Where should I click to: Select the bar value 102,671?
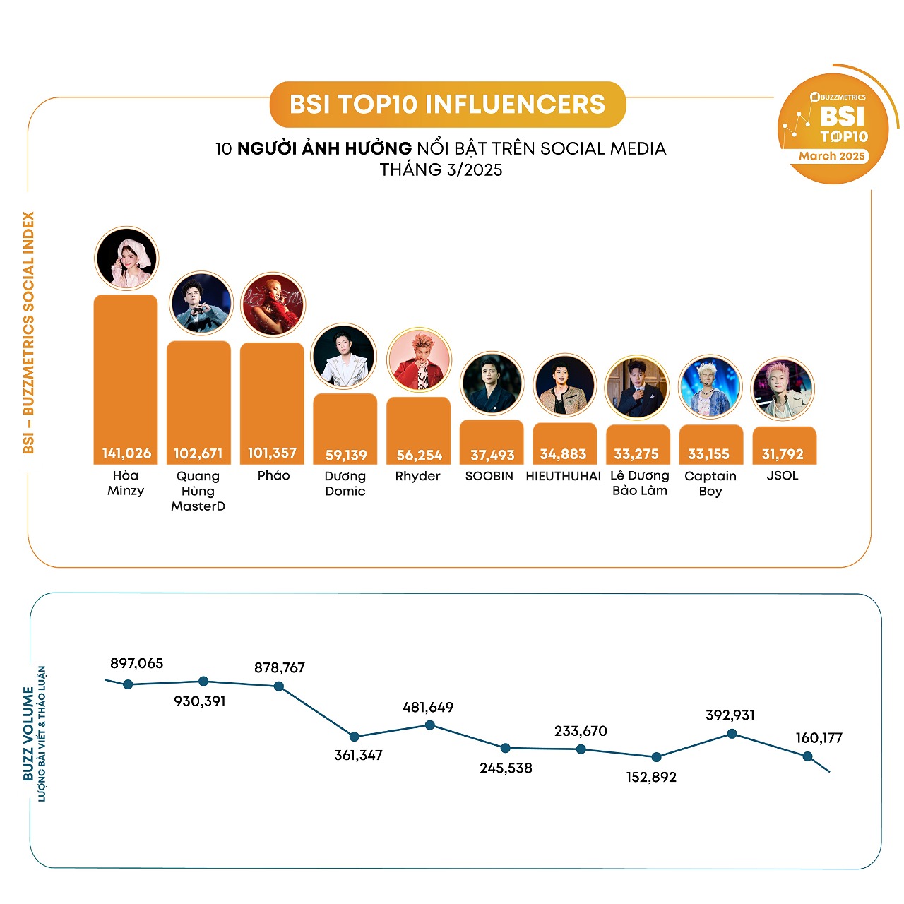click(198, 453)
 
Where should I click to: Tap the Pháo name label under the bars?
click(273, 475)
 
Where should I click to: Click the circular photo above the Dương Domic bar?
click(344, 357)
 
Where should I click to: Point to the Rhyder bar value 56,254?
click(419, 456)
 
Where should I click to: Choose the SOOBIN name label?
click(489, 476)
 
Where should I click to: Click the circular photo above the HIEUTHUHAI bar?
click(565, 386)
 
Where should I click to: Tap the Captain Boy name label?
click(710, 483)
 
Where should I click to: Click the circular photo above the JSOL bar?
click(783, 388)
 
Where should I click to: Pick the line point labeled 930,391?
click(203, 682)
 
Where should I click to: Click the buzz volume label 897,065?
click(136, 663)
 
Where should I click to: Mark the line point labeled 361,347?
click(355, 737)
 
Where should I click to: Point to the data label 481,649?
click(428, 707)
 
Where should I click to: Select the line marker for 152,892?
click(657, 757)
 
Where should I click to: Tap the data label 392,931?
click(730, 715)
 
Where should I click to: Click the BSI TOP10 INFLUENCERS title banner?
click(447, 105)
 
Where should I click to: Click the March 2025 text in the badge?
click(832, 156)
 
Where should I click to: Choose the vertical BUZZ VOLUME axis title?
click(28, 734)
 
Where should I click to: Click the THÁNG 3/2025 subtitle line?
click(441, 170)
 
